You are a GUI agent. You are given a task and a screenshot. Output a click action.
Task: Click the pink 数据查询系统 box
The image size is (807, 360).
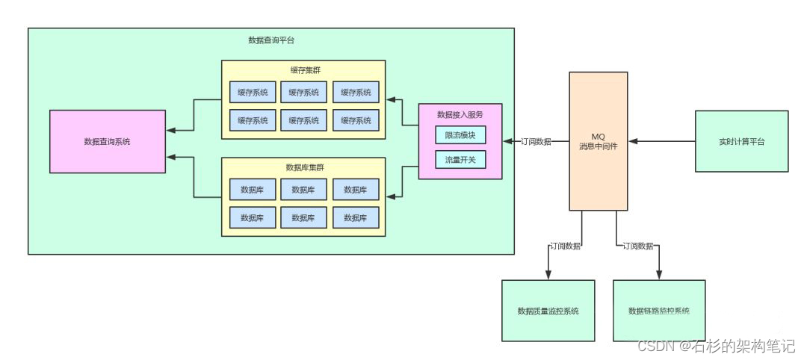[107, 141]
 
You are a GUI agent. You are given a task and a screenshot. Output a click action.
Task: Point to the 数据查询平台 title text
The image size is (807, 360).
[270, 40]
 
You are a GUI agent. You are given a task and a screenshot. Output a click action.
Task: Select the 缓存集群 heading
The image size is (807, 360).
[304, 70]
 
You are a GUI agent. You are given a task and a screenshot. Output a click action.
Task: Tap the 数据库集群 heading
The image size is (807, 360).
[304, 167]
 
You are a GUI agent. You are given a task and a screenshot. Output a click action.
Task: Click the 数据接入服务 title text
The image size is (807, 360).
[460, 114]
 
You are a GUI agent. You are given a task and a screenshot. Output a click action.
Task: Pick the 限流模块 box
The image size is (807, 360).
[460, 135]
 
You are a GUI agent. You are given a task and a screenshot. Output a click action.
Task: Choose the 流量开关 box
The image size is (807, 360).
[460, 159]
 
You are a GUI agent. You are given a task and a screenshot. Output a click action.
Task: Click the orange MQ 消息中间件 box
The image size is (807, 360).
[598, 141]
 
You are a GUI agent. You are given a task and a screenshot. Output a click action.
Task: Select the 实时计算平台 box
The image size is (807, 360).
[741, 141]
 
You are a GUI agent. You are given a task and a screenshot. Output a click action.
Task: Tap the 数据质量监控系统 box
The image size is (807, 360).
[548, 311]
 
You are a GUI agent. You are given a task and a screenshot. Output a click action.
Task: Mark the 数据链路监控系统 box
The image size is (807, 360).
[659, 311]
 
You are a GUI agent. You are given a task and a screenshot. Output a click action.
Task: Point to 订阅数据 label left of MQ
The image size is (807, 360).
[536, 141]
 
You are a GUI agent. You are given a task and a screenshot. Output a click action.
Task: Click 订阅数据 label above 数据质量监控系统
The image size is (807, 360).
[565, 246]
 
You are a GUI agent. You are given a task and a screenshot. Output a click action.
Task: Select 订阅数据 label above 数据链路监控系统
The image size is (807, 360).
[638, 246]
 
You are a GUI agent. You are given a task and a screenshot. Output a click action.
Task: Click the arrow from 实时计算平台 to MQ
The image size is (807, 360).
[661, 141]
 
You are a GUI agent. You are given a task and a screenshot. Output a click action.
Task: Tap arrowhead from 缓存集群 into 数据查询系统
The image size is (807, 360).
[171, 130]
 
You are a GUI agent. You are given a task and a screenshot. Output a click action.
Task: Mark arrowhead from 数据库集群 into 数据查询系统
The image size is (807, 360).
[171, 158]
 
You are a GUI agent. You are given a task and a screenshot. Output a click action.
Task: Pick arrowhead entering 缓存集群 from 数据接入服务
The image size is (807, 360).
[391, 99]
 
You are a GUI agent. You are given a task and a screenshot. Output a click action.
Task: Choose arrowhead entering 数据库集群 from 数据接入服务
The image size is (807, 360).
[391, 196]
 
